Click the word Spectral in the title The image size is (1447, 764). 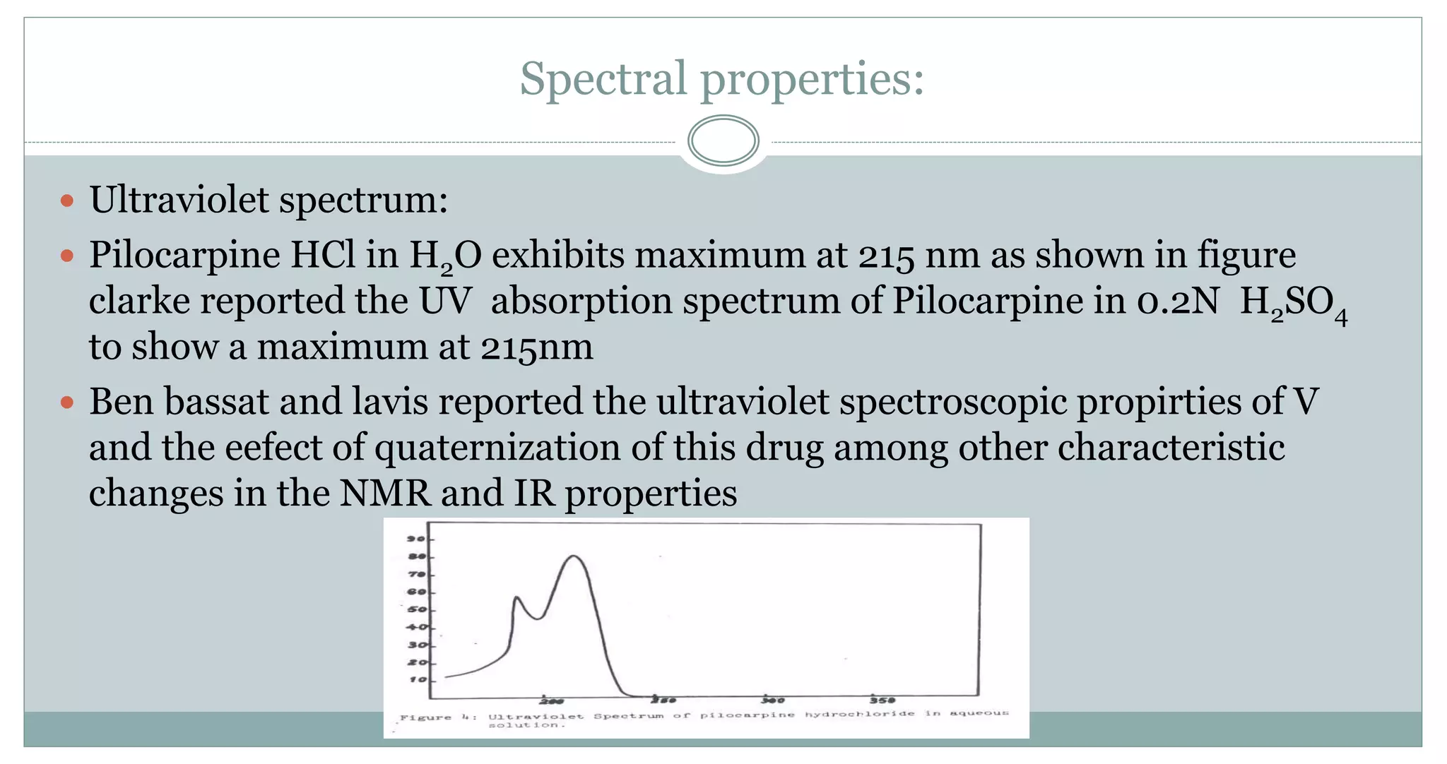pos(603,78)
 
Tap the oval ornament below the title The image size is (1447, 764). pos(723,141)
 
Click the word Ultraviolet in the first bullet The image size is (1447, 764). pos(179,200)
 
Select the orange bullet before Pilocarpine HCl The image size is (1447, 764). pos(67,255)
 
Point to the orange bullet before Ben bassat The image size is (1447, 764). pos(67,402)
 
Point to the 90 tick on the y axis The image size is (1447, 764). pos(416,539)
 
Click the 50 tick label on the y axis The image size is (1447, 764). pos(417,609)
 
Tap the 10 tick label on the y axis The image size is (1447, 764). pos(417,679)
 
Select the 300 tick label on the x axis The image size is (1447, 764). pos(773,700)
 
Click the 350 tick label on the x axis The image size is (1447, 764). pos(882,700)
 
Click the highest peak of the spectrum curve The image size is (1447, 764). pos(574,556)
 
